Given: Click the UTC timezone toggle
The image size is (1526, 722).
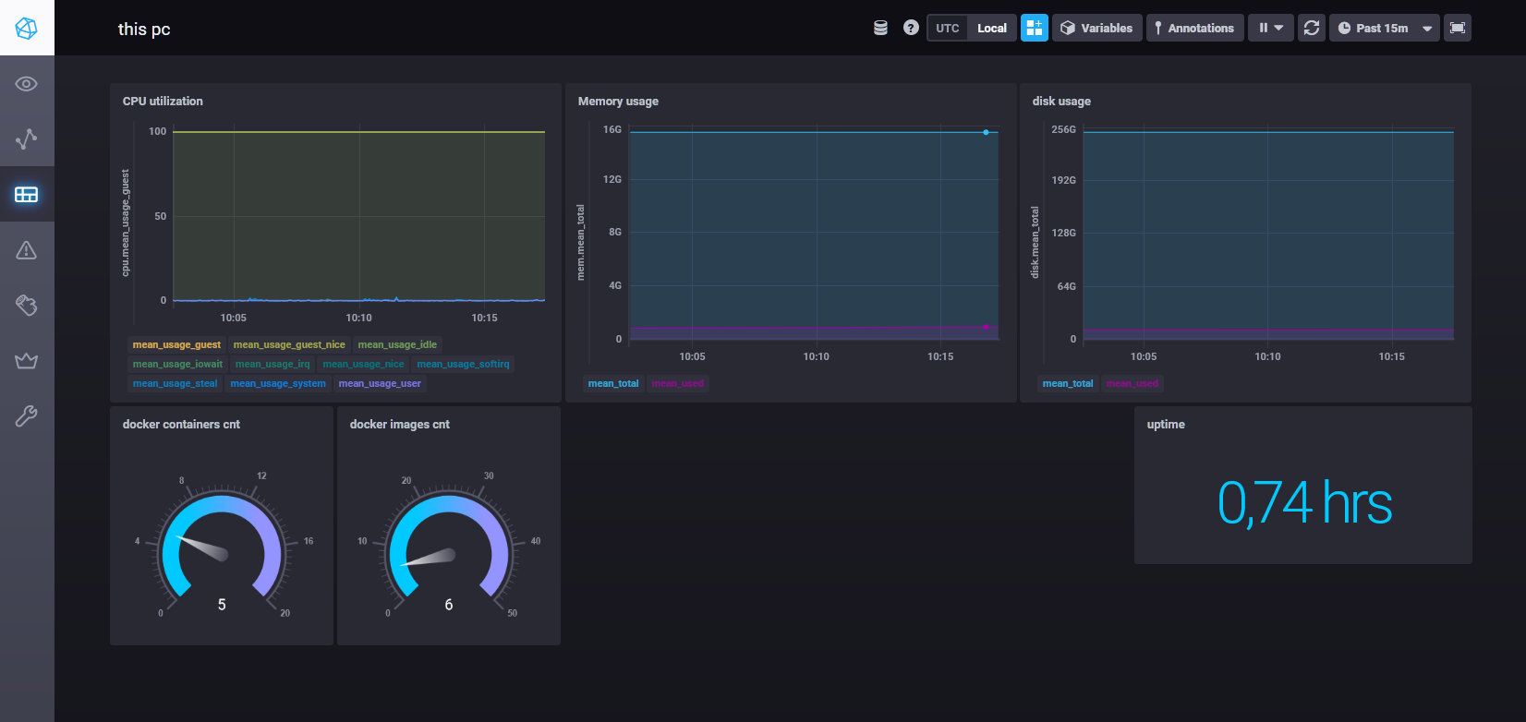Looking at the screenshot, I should tap(948, 28).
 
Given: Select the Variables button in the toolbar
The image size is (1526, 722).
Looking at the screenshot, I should tap(1097, 28).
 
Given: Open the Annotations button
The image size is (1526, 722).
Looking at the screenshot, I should tap(1194, 28).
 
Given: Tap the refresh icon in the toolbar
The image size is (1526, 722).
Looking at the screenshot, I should tap(1312, 28).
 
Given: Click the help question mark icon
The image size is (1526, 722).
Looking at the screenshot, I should tap(911, 28).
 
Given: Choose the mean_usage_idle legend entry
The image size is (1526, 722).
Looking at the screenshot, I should tap(397, 344).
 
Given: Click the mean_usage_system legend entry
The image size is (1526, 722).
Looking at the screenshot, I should tap(278, 383).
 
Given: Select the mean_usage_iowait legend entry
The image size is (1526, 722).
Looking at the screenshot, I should tap(177, 364).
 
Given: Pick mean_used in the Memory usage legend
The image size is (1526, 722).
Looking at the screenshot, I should tap(678, 383).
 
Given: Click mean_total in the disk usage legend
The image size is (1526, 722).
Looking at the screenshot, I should tap(1068, 383).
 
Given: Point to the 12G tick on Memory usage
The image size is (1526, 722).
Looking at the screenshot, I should tap(612, 179).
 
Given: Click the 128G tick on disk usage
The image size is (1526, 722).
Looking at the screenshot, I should tap(1064, 233).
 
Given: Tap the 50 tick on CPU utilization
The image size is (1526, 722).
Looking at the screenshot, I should tap(161, 216).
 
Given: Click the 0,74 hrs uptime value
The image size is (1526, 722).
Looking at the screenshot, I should tap(1304, 503).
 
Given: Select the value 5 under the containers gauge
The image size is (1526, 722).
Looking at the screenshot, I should tap(222, 605).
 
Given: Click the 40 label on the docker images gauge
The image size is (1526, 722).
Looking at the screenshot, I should tap(536, 541).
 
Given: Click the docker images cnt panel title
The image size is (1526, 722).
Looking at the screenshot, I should tap(399, 424).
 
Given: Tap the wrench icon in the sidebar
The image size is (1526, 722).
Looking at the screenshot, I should tap(27, 416).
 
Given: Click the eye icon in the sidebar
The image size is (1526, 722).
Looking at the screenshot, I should tap(27, 84).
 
